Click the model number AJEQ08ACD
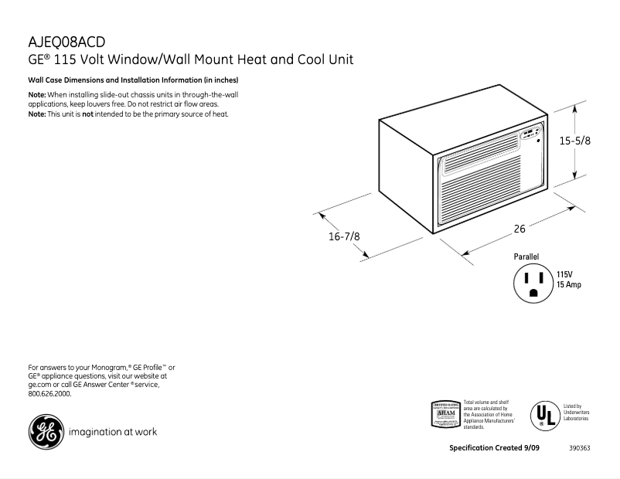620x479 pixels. [66, 42]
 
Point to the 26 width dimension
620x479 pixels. [520, 229]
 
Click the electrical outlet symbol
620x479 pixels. [533, 284]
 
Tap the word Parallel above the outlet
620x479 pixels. [526, 256]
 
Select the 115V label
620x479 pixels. [564, 274]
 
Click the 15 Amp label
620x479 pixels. [569, 285]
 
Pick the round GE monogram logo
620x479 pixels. [45, 432]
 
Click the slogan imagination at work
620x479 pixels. [113, 432]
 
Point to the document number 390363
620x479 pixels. [580, 449]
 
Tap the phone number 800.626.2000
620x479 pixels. [49, 393]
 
